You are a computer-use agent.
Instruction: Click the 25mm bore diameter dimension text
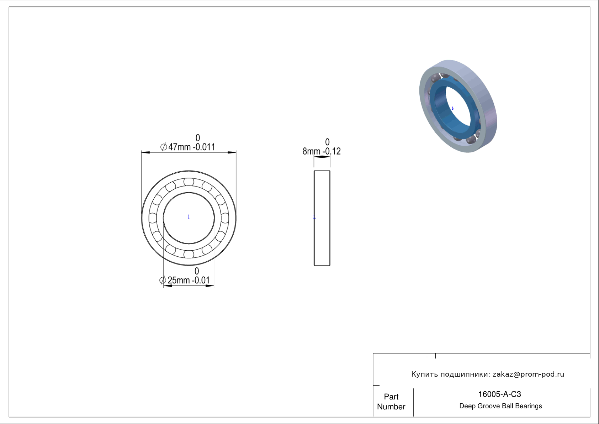[x=179, y=280]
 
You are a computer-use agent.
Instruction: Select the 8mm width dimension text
[x=311, y=151]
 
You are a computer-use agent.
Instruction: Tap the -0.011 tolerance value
[x=204, y=147]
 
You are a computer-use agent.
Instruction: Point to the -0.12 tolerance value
[x=332, y=151]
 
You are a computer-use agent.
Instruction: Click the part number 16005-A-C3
[x=499, y=394]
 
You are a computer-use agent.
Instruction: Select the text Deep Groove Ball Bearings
[x=500, y=406]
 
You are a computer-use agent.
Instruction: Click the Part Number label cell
[x=391, y=402]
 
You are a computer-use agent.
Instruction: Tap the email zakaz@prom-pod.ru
[x=529, y=374]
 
